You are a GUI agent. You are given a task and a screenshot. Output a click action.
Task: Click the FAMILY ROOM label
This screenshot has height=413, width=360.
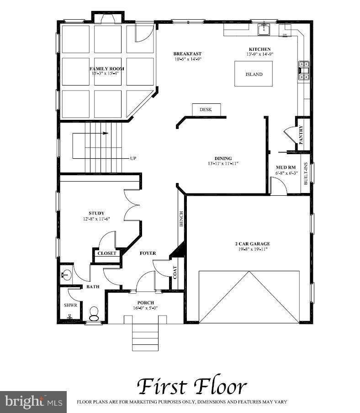107,69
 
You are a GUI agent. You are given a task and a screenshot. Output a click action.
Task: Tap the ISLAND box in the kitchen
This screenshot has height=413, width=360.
254,74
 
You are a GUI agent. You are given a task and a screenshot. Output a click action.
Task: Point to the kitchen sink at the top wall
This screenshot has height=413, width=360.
264,30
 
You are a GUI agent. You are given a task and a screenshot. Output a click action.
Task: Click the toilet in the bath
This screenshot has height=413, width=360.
94,313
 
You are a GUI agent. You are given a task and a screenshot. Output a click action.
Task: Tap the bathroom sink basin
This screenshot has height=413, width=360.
65,274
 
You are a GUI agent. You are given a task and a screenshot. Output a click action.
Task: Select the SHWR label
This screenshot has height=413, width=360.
70,305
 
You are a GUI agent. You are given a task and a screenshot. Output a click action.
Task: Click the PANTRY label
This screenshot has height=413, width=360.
301,135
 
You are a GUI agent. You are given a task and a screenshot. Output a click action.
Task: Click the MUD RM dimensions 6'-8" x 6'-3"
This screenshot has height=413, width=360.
286,173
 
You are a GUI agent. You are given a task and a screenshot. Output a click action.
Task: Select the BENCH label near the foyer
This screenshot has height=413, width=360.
181,219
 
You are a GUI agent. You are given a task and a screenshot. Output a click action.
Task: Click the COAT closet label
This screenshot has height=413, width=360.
175,272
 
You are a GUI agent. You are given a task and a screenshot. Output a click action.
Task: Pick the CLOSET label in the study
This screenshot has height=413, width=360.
107,253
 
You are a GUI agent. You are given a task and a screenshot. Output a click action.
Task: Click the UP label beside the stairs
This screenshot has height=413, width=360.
133,158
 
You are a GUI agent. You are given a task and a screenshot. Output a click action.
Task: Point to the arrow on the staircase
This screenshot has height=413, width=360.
106,134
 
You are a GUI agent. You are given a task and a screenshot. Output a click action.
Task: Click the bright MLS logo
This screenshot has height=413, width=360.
33,402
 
